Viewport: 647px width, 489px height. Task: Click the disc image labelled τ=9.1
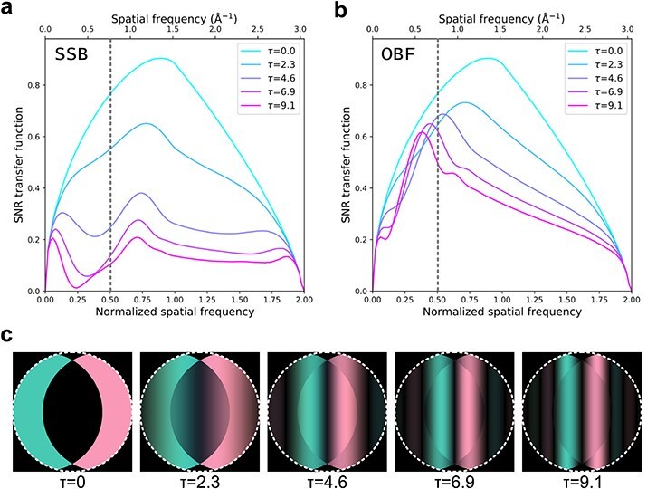tap(577, 407)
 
